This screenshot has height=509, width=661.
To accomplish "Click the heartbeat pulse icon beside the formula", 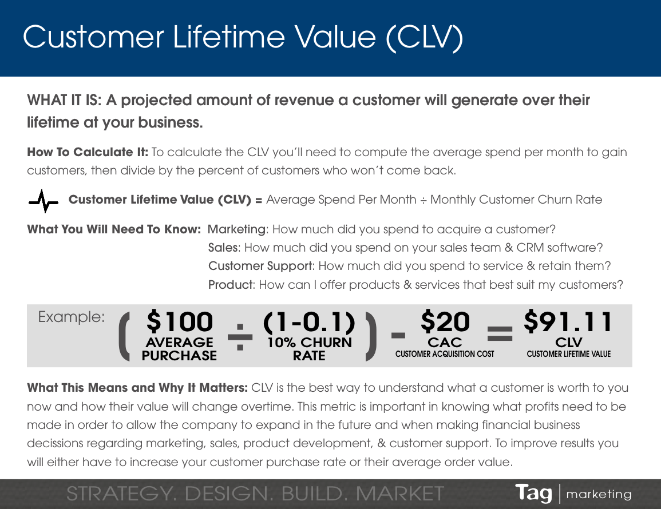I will (43, 201).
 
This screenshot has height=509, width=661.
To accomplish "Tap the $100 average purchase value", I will (180, 323).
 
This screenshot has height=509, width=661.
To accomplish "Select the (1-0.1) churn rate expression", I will (309, 323).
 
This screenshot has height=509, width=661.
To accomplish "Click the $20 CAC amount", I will (445, 323).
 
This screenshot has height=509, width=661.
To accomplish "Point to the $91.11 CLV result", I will (568, 323).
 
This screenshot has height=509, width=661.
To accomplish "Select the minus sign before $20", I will (399, 335).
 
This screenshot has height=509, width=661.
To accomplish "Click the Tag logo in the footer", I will (533, 493).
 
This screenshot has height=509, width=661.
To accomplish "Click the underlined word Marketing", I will (236, 229).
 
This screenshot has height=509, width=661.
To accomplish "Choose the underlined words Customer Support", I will (260, 266).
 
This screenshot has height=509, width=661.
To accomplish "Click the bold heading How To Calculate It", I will (88, 152).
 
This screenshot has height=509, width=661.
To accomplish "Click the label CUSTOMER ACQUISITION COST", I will (445, 354).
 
